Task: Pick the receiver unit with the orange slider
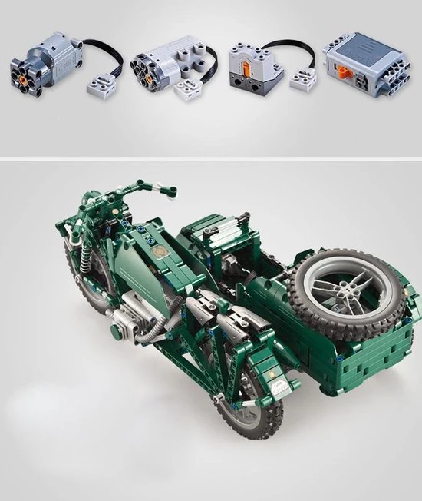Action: tap(252, 65)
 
